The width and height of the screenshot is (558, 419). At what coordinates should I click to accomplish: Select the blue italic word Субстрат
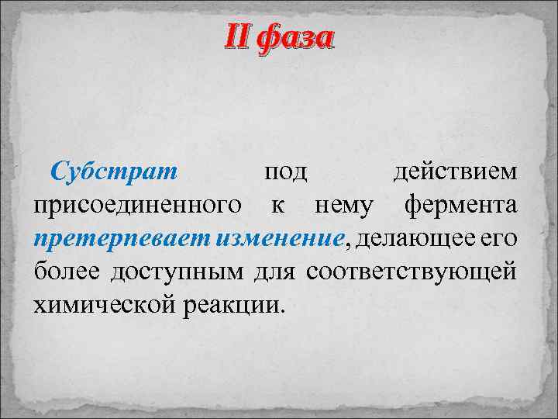114,171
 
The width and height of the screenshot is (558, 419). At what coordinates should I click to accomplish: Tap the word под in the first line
284,171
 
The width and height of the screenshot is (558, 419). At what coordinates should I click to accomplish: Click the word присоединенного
136,206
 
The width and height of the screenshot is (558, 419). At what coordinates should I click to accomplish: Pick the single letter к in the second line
277,206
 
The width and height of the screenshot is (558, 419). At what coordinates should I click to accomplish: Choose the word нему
343,206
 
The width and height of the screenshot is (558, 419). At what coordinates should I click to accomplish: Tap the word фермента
460,206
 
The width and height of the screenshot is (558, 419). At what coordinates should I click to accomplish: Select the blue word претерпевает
111,240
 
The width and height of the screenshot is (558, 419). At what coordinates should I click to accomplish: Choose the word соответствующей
411,273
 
